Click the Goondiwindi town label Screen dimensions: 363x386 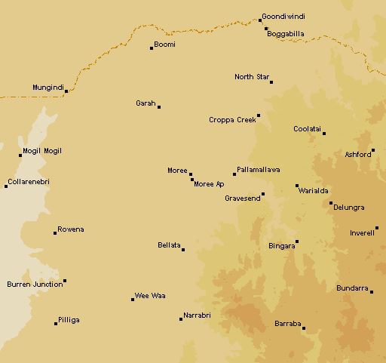pos(285,17)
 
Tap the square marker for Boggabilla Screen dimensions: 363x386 pos(266,29)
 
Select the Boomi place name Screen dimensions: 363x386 pos(164,45)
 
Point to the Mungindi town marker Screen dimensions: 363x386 pos(66,91)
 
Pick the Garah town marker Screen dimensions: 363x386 pos(159,107)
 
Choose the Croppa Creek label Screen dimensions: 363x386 pos(232,120)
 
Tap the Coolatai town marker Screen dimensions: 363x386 pos(324,134)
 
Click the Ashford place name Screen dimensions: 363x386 pos(357,155)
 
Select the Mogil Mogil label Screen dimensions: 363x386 pos(42,151)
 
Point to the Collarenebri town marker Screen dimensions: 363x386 pos(6,186)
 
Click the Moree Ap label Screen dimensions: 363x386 pos(209,184)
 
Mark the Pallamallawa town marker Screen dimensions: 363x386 pos(234,174)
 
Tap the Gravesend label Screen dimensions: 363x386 pos(243,198)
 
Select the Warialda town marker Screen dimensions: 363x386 pos(297,186)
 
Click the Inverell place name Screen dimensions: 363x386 pos(362,233)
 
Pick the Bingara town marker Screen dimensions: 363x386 pos(297,242)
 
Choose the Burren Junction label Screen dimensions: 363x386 pos(35,285)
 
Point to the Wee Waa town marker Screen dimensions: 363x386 pos(133,300)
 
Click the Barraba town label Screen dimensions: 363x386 pos(287,324)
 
